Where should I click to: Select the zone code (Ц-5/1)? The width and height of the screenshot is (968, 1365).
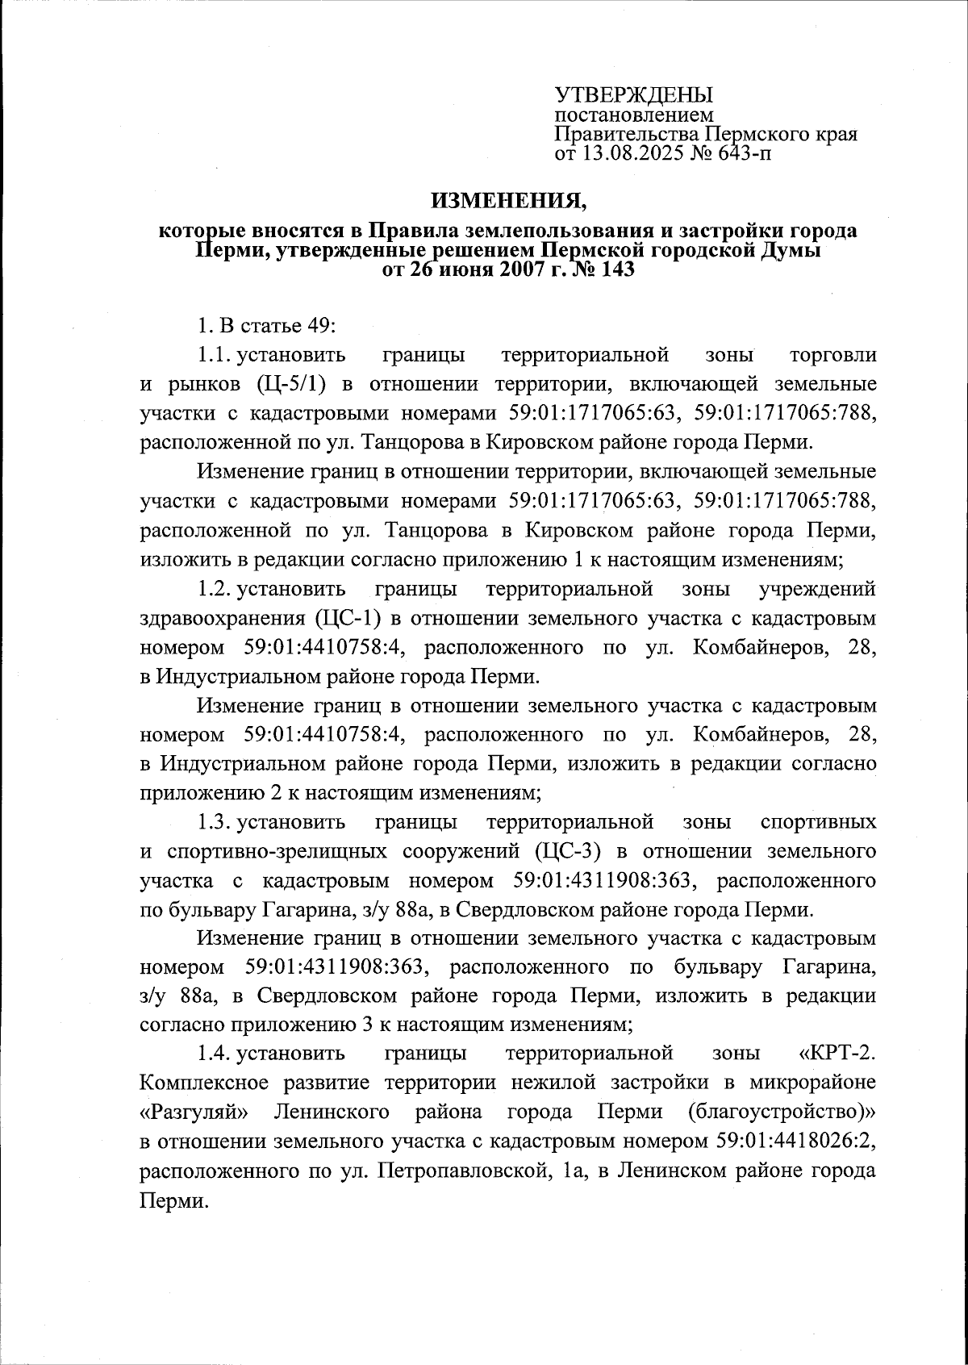pos(292,384)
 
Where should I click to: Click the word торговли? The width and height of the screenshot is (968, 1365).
pos(833,355)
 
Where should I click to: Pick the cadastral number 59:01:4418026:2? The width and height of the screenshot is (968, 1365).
pos(795,1141)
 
